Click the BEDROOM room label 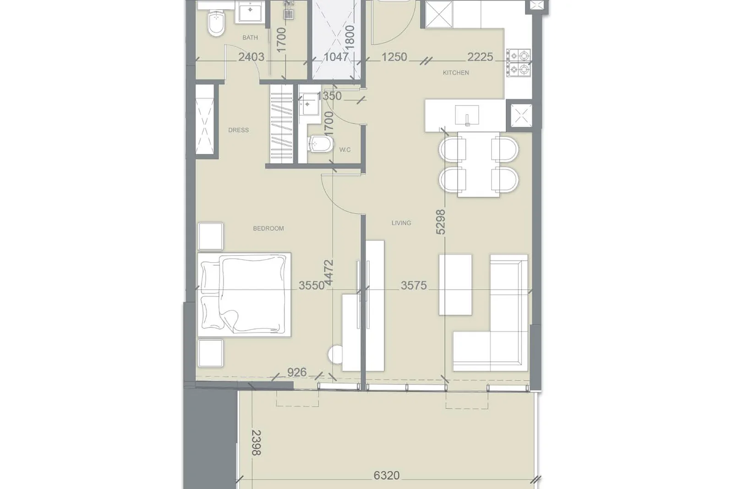click(268, 229)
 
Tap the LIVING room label click(401, 223)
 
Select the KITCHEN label click(456, 73)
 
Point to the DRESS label click(239, 130)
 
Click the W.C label click(345, 150)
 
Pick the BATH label click(250, 38)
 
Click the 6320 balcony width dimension click(387, 475)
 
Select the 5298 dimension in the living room click(441, 222)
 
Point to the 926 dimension click(297, 372)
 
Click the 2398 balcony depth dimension click(257, 443)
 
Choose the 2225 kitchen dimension click(480, 57)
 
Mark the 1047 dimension click(336, 57)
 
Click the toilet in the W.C click(320, 144)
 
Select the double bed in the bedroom click(244, 295)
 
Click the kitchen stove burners click(519, 62)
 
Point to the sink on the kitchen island click(467, 115)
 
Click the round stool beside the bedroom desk click(335, 354)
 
